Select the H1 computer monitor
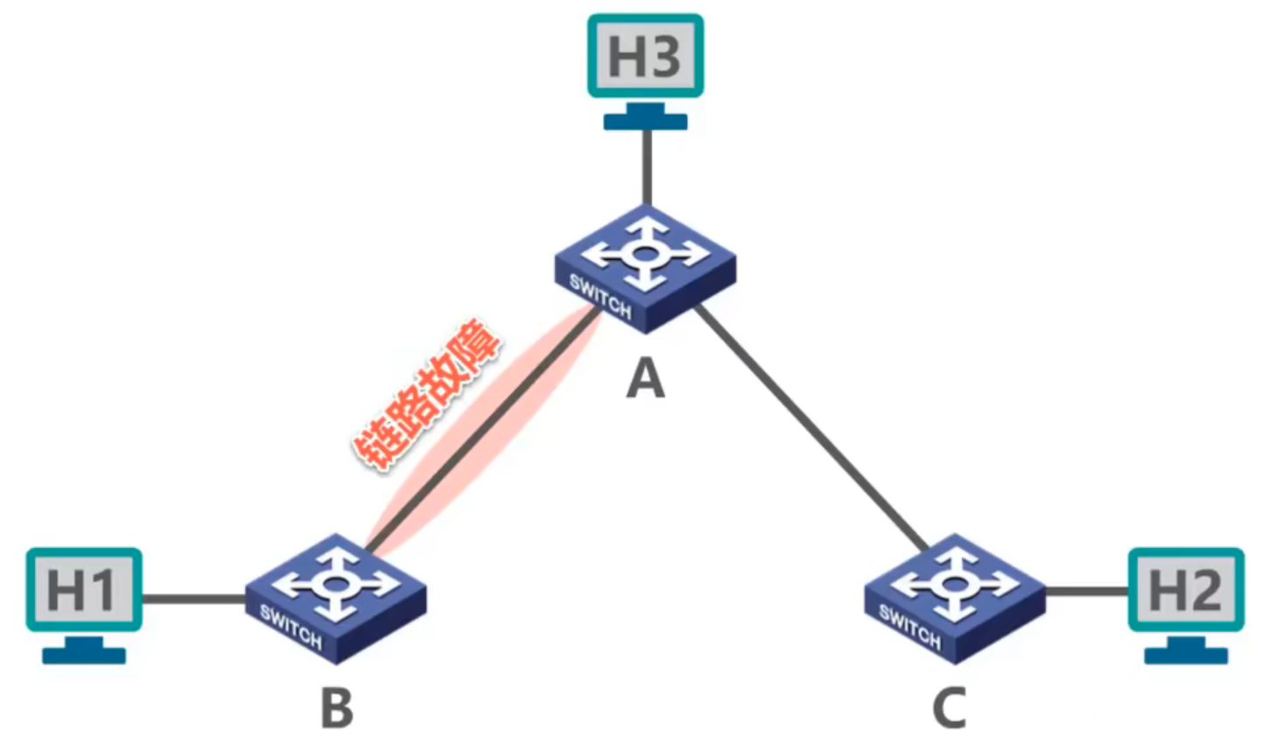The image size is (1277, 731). point(83,588)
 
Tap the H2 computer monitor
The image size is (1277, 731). point(1185,588)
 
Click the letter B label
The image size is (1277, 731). point(337,707)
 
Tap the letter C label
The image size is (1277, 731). point(950,707)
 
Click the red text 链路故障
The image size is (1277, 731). point(427,397)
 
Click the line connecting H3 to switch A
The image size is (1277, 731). point(646,166)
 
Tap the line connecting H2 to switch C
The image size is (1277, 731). point(1085,592)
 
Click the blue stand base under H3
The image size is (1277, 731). point(645,120)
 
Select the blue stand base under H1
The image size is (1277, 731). point(84,654)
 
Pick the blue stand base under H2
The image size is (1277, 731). point(1186,654)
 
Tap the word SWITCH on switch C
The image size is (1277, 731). point(909,628)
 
